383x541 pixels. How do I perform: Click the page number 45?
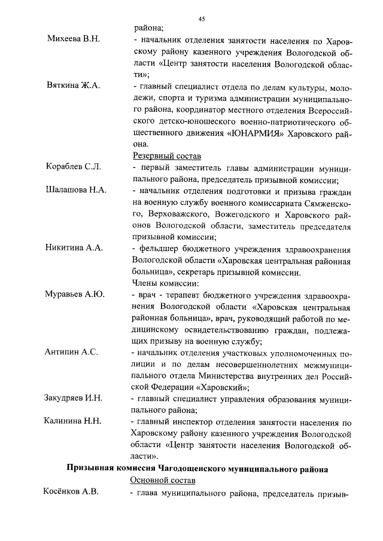pos(202,19)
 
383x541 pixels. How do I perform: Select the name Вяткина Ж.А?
pos(73,85)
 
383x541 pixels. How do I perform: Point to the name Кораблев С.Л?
pos(74,167)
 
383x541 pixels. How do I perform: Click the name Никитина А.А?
pos(74,247)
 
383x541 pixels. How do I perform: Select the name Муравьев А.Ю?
pos(75,294)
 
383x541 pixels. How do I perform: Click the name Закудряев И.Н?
pos(74,398)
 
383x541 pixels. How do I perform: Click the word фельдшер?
pos(156,248)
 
